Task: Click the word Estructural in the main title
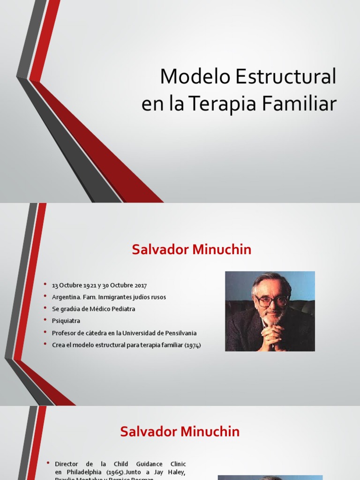(x=285, y=77)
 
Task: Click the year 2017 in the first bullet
(x=139, y=285)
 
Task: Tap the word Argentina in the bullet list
(x=65, y=297)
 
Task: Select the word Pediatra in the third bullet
(x=123, y=309)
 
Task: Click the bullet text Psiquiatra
(x=66, y=321)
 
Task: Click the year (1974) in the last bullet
(x=193, y=345)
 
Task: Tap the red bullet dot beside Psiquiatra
(x=45, y=321)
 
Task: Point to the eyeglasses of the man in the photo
(x=271, y=300)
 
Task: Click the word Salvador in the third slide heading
(x=147, y=432)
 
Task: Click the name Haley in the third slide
(x=176, y=472)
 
